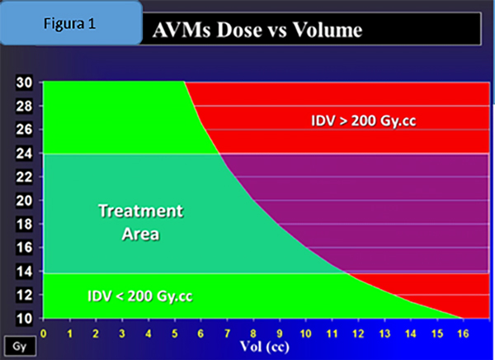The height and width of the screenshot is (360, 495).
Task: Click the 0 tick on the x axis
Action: coord(43,333)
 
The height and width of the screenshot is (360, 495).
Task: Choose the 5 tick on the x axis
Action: coord(174,333)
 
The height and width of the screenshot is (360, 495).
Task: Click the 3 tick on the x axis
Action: coord(121,333)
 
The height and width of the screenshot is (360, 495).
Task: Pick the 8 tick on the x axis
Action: coord(252,333)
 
